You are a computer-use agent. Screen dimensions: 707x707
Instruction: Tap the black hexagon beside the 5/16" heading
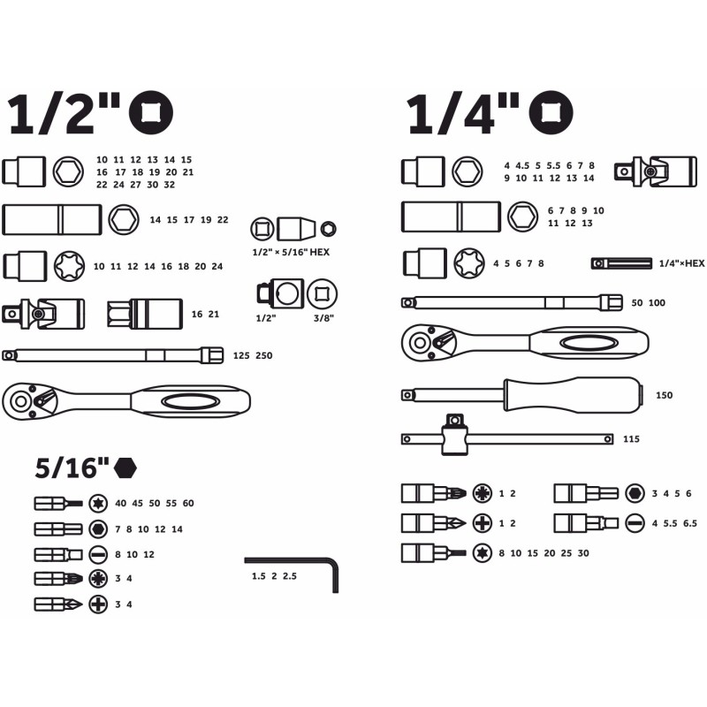(125, 468)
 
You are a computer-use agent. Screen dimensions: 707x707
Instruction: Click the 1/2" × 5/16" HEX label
(291, 252)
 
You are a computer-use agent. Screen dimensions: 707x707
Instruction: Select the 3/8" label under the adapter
(323, 318)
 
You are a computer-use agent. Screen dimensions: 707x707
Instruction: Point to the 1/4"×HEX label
(681, 263)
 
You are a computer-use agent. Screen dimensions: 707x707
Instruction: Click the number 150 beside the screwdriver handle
(665, 395)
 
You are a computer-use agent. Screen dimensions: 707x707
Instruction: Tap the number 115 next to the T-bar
(631, 439)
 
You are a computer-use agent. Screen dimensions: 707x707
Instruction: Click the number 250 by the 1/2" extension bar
(263, 356)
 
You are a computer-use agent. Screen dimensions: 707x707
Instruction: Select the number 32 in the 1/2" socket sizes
(169, 185)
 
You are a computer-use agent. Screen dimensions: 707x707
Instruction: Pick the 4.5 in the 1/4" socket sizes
(522, 166)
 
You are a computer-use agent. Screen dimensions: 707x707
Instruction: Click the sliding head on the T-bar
(454, 434)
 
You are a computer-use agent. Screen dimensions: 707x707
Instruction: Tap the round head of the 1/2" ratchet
(21, 401)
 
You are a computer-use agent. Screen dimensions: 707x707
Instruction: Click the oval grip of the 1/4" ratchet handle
(588, 344)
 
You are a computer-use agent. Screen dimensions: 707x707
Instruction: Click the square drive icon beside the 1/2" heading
(151, 113)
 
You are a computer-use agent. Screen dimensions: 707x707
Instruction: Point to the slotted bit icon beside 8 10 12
(98, 555)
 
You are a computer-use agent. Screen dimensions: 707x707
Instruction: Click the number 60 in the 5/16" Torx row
(188, 503)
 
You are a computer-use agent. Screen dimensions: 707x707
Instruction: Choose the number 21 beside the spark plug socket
(214, 315)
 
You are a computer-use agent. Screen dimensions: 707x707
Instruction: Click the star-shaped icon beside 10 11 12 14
(69, 266)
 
